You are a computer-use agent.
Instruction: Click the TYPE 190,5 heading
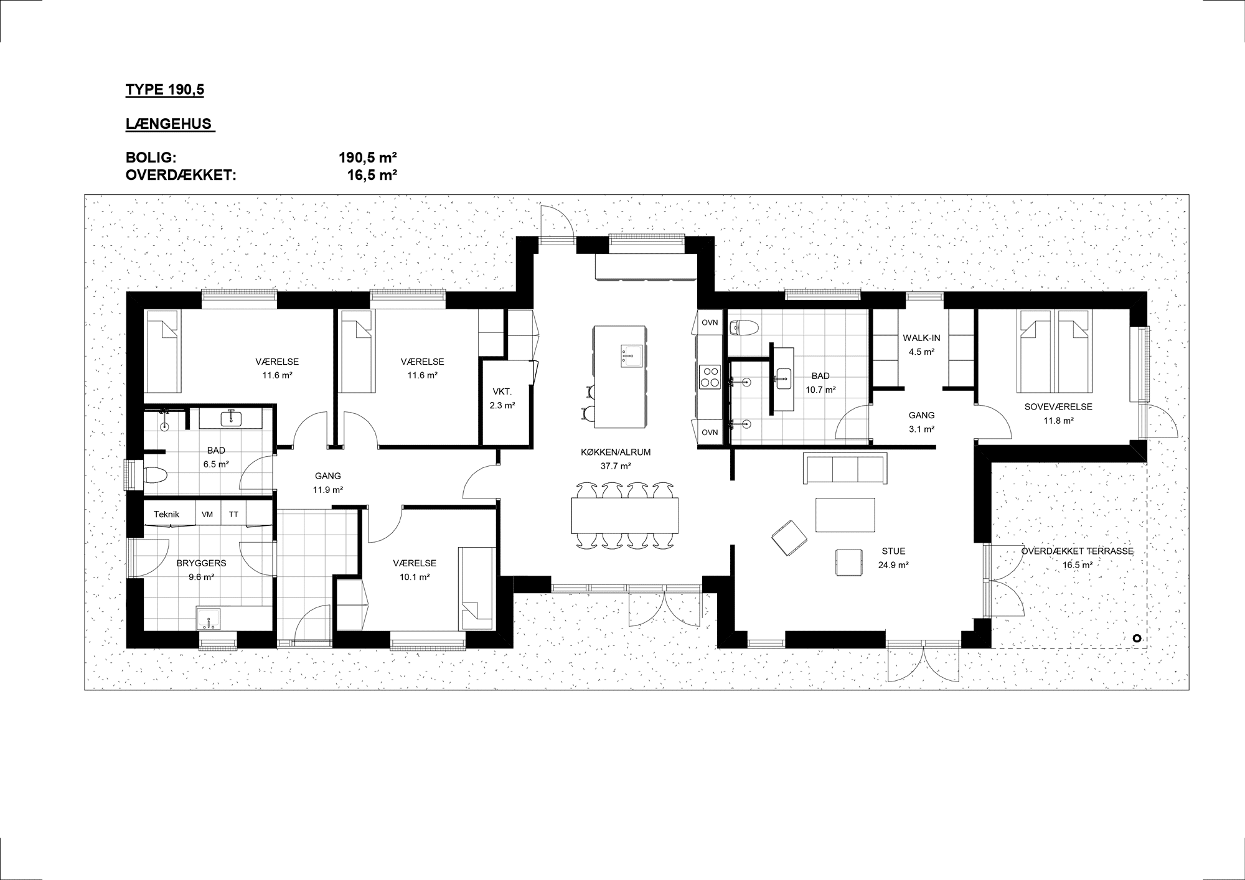164,90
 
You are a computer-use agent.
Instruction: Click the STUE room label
893,551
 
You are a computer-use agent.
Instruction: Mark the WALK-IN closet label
921,338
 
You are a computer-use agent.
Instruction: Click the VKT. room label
502,391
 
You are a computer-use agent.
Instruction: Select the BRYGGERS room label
201,563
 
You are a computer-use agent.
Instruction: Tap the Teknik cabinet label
166,514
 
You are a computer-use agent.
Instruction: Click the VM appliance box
208,514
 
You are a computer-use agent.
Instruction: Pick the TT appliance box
233,514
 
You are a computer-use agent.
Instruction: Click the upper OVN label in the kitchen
710,322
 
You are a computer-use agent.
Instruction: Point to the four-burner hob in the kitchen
710,377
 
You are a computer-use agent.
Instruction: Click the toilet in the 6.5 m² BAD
156,476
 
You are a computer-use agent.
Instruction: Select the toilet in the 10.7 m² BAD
743,327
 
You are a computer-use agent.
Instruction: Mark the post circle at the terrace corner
1136,638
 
